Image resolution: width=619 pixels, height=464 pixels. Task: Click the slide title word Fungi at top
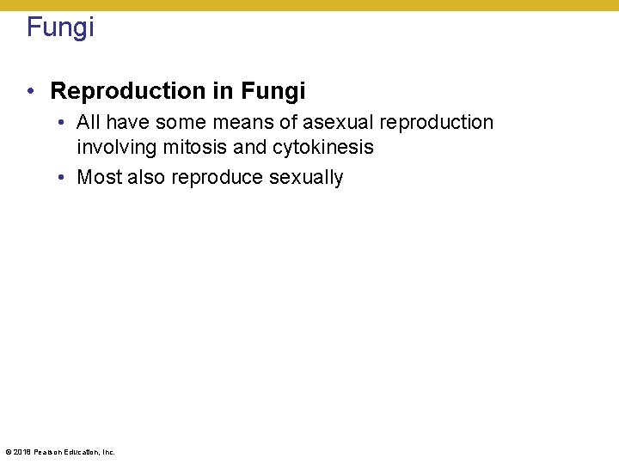click(x=60, y=27)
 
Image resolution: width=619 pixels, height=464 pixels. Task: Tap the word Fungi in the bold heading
click(x=273, y=90)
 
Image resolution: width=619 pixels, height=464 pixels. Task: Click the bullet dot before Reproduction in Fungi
click(x=31, y=91)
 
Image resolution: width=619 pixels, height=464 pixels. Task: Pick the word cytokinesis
click(x=323, y=147)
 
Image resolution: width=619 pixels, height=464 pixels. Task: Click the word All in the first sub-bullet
click(x=89, y=123)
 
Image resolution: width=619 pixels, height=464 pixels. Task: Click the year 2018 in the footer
click(x=21, y=452)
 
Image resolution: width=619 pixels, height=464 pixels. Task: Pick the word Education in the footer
click(x=80, y=452)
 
